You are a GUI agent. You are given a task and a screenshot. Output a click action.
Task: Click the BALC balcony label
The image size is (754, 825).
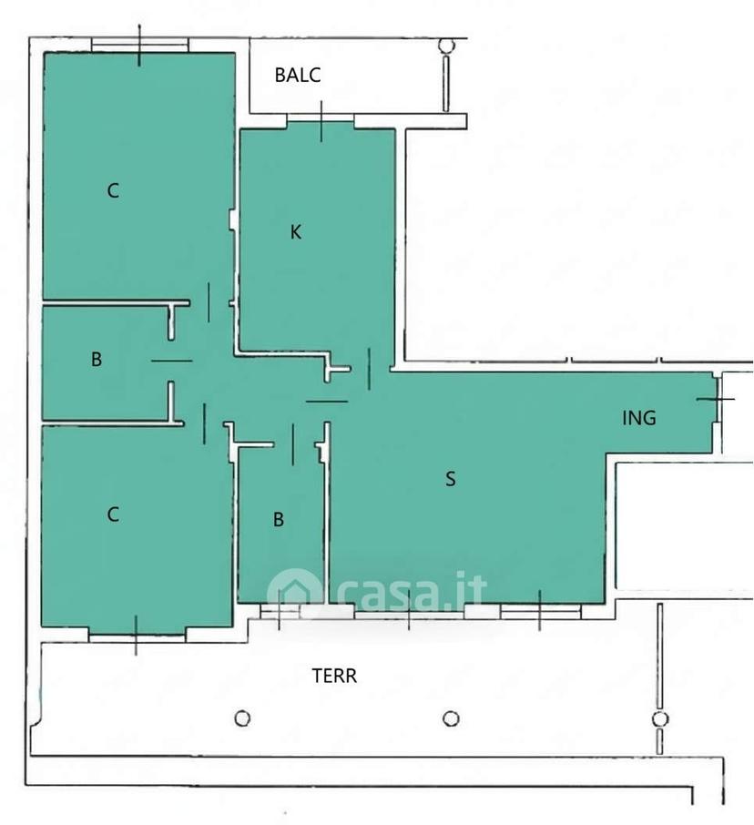pyautogui.click(x=297, y=75)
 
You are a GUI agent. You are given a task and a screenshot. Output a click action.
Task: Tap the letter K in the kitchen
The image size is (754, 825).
pyautogui.click(x=296, y=232)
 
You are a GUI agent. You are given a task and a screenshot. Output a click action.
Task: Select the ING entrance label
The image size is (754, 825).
pyautogui.click(x=638, y=418)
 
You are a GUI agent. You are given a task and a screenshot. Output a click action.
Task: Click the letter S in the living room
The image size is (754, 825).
pyautogui.click(x=451, y=479)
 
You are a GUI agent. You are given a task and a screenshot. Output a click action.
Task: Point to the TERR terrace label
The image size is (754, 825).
pyautogui.click(x=334, y=676)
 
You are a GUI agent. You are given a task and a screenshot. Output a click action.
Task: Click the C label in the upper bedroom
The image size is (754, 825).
pyautogui.click(x=113, y=190)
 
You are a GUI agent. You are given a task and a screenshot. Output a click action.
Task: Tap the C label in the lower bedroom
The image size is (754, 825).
pyautogui.click(x=113, y=514)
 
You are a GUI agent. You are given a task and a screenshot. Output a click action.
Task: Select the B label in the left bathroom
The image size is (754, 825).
pyautogui.click(x=97, y=360)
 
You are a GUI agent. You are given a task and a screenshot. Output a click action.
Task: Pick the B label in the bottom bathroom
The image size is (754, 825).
pyautogui.click(x=279, y=520)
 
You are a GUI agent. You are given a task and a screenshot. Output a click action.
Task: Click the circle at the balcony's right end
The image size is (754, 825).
pyautogui.click(x=446, y=46)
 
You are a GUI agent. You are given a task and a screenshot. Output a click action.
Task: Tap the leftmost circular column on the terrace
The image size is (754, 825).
pyautogui.click(x=242, y=718)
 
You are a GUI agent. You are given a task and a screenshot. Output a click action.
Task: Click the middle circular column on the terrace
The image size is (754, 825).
pyautogui.click(x=451, y=718)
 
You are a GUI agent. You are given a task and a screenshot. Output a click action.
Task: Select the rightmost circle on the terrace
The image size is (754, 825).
pyautogui.click(x=660, y=718)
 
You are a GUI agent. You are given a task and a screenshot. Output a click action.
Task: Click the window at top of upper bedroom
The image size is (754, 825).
pyautogui.click(x=139, y=46)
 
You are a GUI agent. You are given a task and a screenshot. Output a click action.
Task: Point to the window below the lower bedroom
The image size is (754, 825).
pyautogui.click(x=137, y=635)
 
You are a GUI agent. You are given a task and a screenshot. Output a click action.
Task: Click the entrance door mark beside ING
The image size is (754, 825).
pyautogui.click(x=718, y=400)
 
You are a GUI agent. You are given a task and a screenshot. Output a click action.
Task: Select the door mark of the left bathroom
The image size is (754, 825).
pyautogui.click(x=171, y=361)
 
